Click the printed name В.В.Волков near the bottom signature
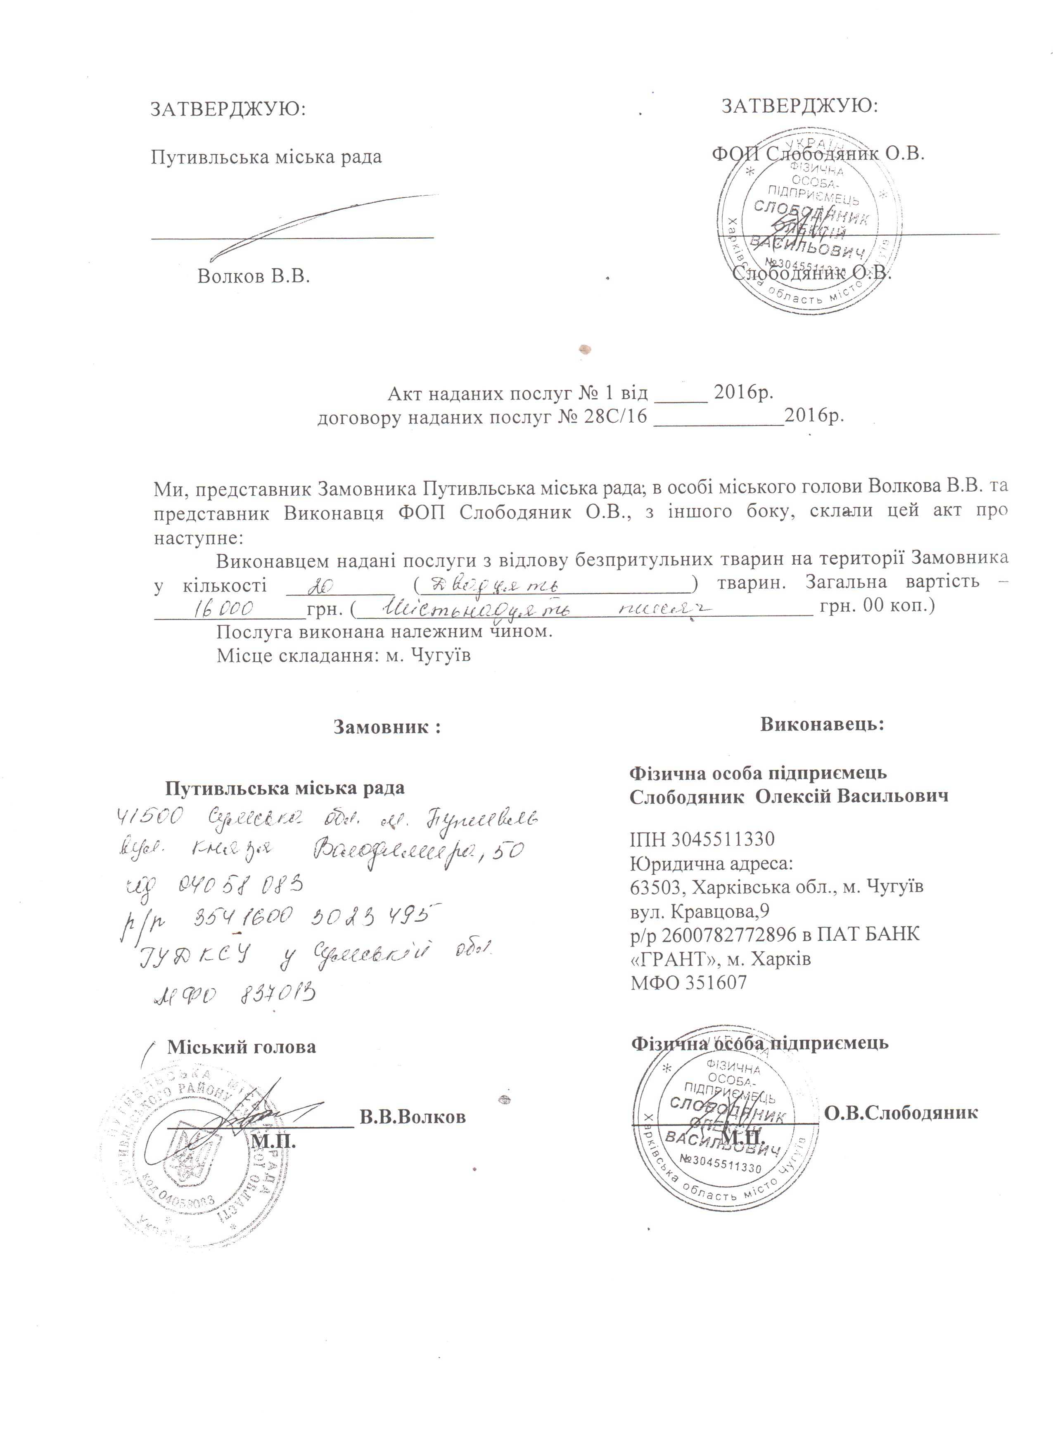click(x=413, y=1117)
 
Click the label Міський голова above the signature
click(x=242, y=1047)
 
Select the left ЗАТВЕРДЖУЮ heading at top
click(x=228, y=109)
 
